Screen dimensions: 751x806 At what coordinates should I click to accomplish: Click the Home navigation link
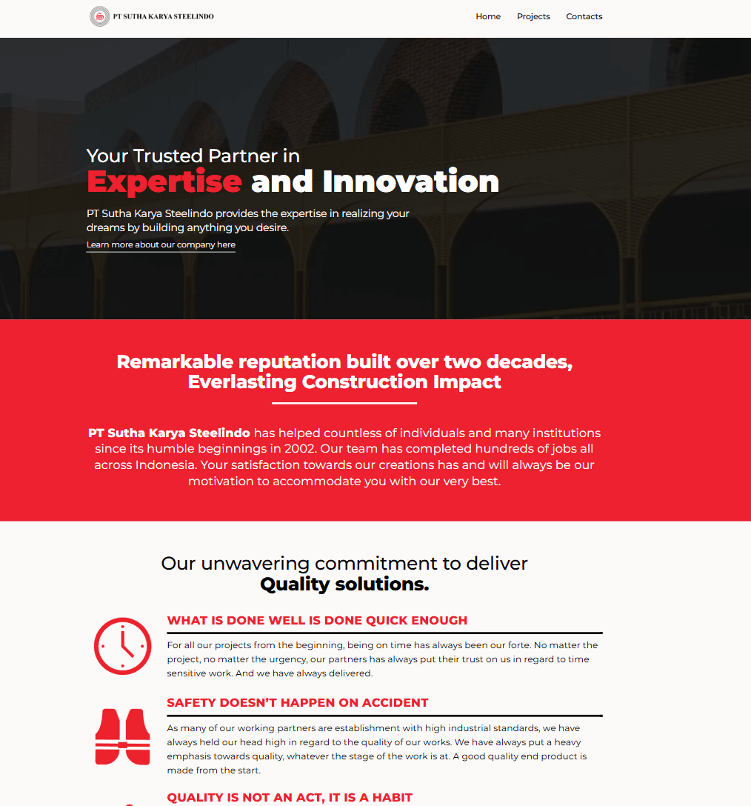(x=488, y=16)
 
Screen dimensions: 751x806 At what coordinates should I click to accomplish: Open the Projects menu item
(x=533, y=16)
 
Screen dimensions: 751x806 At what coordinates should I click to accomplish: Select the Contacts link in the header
(x=584, y=16)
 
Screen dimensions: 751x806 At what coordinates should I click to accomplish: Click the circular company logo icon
(x=100, y=16)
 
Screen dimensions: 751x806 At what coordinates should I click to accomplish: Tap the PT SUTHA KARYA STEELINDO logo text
(x=164, y=16)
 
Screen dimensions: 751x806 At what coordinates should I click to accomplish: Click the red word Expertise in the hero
(x=164, y=182)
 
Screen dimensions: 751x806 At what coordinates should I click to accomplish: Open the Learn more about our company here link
(x=161, y=244)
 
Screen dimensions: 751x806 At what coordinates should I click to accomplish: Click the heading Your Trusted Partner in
(x=193, y=156)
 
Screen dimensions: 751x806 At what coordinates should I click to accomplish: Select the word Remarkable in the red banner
(x=175, y=362)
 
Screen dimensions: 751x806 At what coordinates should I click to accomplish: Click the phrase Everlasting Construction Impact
(x=344, y=382)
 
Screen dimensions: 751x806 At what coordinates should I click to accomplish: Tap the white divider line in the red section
(x=344, y=404)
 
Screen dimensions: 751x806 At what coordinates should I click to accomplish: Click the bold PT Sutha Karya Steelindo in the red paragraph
(x=169, y=433)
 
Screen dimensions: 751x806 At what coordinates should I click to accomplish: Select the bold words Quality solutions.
(x=344, y=584)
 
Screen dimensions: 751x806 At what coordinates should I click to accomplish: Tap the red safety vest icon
(x=122, y=736)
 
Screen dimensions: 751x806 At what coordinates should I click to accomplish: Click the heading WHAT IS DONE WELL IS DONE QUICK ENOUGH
(x=317, y=621)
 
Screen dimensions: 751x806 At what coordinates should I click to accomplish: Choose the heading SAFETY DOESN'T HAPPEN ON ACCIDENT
(x=298, y=703)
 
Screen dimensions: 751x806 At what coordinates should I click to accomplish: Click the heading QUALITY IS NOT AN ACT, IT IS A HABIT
(x=290, y=797)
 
